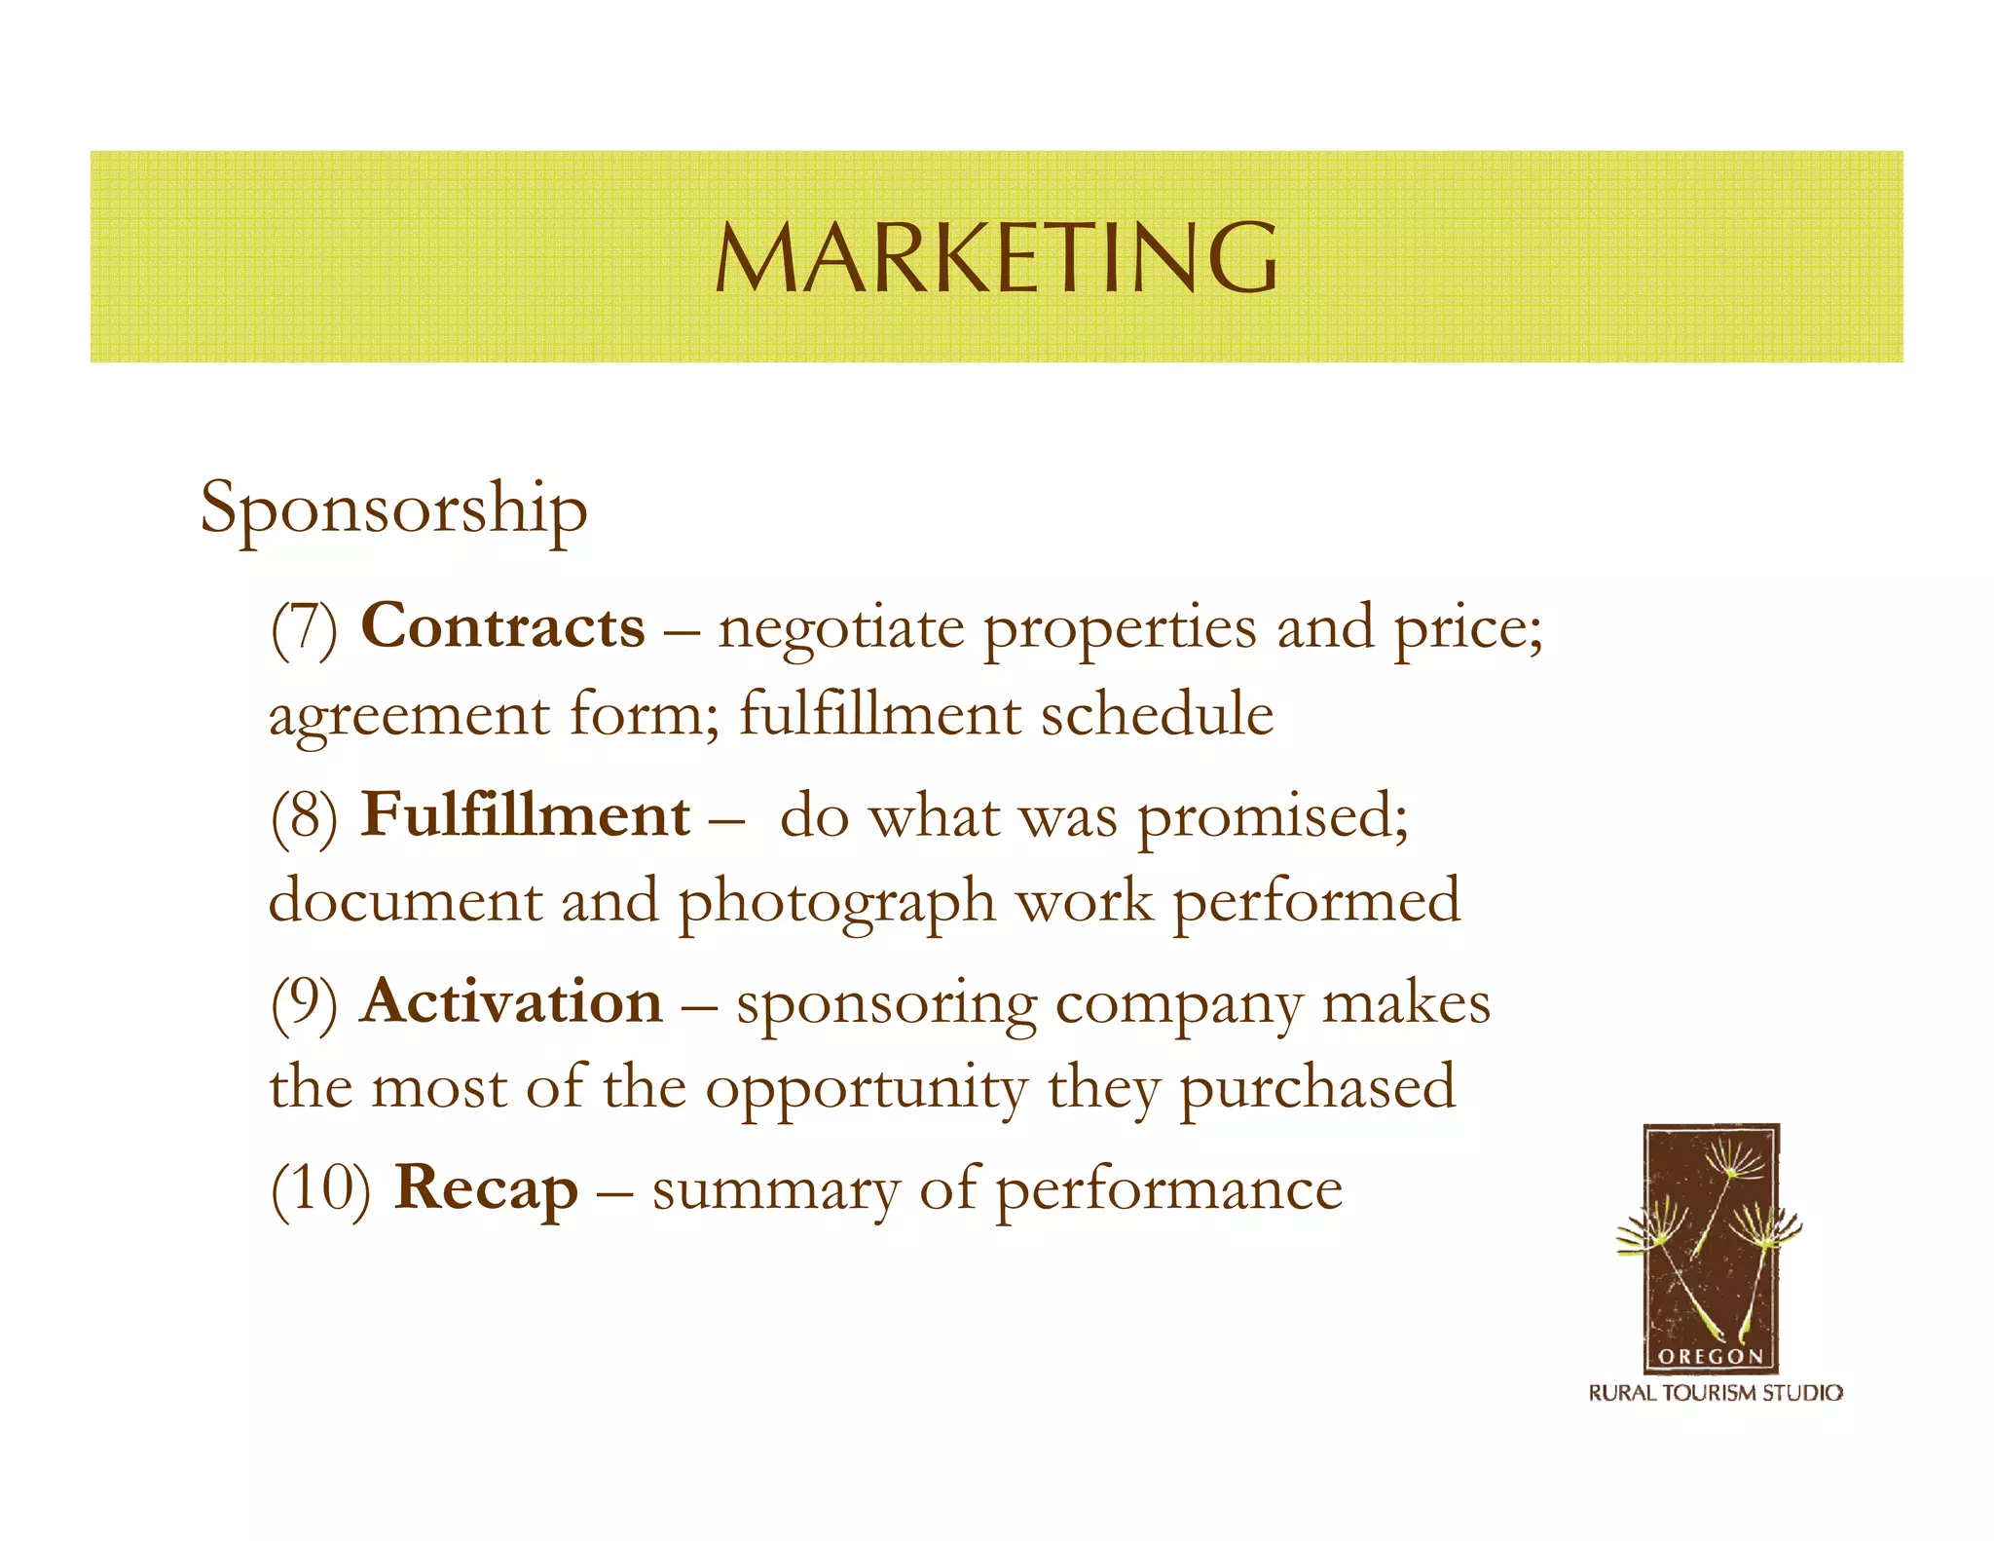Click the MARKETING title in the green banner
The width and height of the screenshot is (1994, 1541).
click(x=996, y=257)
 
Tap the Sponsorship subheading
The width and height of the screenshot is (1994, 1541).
click(x=393, y=508)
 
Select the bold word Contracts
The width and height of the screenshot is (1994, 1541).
click(x=502, y=625)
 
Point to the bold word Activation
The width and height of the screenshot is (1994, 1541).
click(x=512, y=1001)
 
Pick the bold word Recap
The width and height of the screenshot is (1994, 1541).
click(x=486, y=1188)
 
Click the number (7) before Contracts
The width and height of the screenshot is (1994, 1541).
click(x=304, y=627)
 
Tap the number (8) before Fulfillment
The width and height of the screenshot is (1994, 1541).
click(x=304, y=816)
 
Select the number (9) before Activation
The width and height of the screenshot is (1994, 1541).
click(x=304, y=1003)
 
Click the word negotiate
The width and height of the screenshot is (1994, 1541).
click(x=841, y=629)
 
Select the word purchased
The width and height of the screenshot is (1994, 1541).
click(x=1317, y=1089)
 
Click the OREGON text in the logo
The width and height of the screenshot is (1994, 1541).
click(x=1710, y=1356)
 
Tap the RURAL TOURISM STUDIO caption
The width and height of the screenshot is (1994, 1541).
click(x=1716, y=1394)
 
